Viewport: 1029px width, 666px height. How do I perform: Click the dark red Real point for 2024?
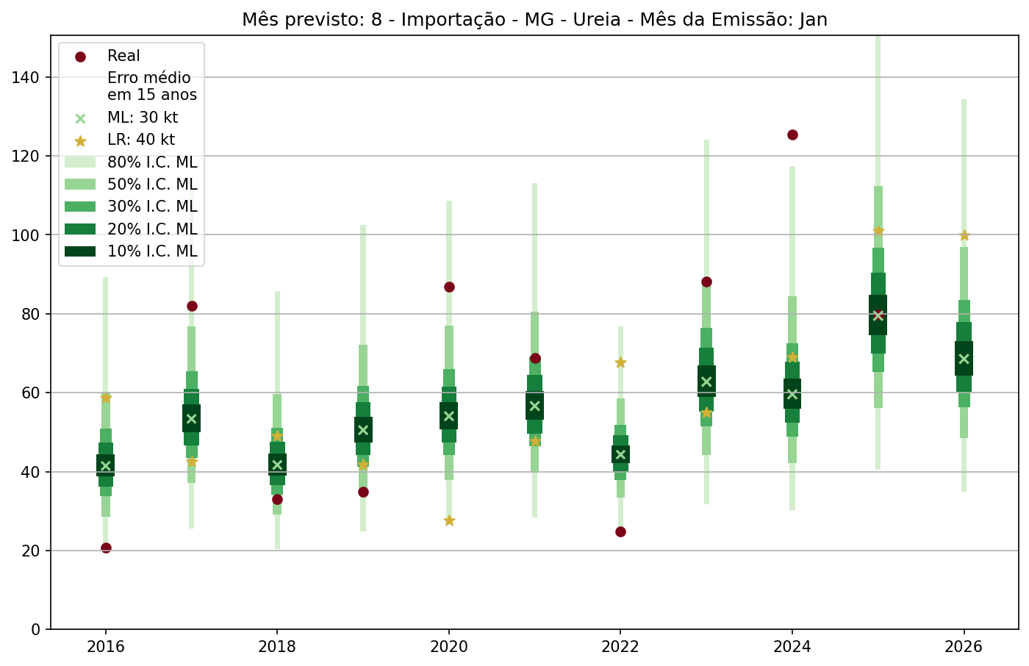pos(792,135)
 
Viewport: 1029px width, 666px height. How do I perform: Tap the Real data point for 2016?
pos(106,548)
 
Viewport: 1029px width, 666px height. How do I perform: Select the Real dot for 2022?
pos(620,531)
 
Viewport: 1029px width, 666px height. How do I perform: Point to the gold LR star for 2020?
pos(449,520)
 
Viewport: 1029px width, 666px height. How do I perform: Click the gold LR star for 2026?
pos(964,235)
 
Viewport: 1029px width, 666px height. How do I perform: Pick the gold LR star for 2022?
pos(620,362)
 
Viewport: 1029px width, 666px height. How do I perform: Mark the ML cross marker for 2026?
pos(964,359)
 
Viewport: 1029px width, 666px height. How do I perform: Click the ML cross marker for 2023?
pos(706,382)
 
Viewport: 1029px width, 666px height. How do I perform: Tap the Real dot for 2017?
pos(192,306)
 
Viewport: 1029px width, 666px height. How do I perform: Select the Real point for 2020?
pos(449,287)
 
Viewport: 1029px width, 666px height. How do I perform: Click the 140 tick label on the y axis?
pos(26,77)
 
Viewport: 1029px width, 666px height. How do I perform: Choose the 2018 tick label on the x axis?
pos(277,648)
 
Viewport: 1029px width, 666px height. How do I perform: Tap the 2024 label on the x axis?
pos(792,648)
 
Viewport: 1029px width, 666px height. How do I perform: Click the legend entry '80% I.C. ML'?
pos(152,162)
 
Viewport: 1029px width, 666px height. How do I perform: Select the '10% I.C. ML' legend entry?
pos(152,251)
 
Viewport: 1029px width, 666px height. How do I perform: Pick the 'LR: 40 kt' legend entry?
pos(141,140)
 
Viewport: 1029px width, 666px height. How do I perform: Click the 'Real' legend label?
pos(123,56)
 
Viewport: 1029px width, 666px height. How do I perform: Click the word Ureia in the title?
pos(589,20)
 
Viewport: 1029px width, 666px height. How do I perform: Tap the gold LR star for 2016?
pos(106,397)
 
